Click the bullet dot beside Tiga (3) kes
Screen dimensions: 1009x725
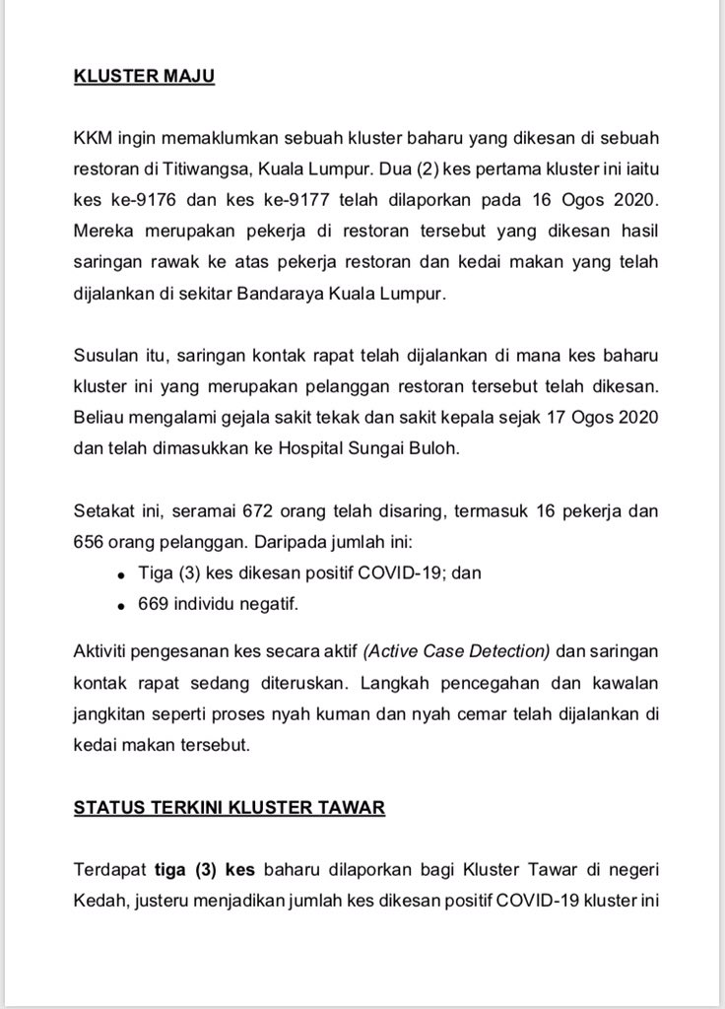pos(120,573)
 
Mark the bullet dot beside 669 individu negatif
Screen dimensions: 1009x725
pos(120,603)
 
